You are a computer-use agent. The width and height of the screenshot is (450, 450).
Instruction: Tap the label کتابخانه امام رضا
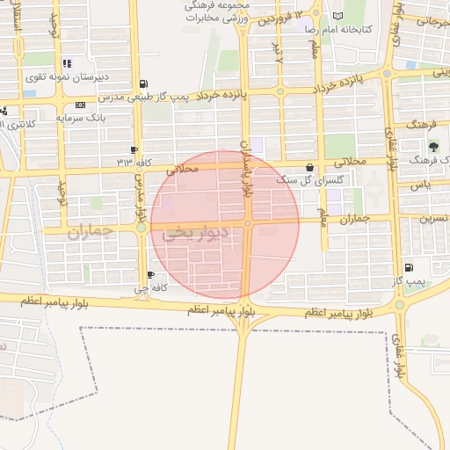click(x=338, y=29)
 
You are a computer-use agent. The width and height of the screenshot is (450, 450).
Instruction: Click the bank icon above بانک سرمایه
click(x=81, y=105)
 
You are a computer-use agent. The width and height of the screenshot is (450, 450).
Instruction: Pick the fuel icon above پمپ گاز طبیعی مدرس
click(x=143, y=84)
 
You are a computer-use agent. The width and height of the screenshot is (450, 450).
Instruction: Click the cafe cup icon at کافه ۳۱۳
click(x=134, y=150)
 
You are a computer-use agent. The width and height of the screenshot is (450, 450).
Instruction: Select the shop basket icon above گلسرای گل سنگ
click(x=309, y=167)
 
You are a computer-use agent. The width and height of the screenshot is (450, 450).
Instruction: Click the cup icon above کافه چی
click(x=150, y=275)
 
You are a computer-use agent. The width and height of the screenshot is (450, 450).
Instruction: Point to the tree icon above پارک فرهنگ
click(x=432, y=146)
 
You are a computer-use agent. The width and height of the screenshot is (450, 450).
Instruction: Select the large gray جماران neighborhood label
click(x=91, y=232)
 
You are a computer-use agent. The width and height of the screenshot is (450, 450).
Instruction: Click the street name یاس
click(x=425, y=185)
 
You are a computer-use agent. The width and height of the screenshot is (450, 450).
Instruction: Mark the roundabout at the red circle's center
click(x=249, y=224)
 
